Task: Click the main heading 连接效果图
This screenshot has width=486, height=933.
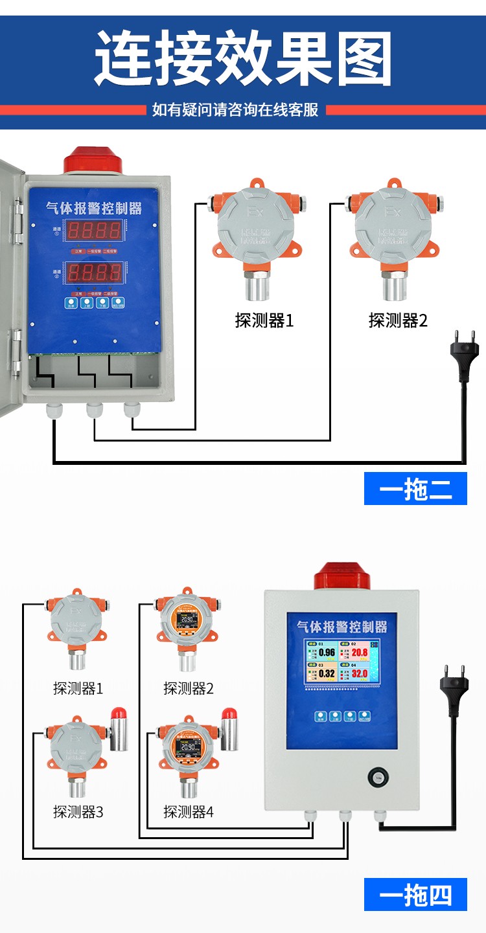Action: tap(243, 58)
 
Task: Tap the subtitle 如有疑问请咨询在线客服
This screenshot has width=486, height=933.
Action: tap(235, 109)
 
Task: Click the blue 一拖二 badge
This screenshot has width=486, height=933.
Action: tap(415, 489)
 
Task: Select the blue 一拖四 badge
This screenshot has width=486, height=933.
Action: tap(415, 895)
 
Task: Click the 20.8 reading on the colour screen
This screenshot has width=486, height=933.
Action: tap(360, 653)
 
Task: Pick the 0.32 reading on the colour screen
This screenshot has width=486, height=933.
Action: tap(327, 674)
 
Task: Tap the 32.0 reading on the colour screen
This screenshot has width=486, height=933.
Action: tap(360, 674)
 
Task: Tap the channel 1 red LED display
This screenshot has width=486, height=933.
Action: tap(95, 229)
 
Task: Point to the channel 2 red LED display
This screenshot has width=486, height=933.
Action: tap(95, 271)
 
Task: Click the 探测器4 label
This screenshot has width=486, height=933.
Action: tap(188, 811)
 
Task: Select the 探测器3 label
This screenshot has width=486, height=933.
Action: tap(78, 811)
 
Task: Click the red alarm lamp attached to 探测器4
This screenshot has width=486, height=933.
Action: tap(229, 728)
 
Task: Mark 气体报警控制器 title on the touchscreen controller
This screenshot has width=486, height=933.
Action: tap(341, 626)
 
